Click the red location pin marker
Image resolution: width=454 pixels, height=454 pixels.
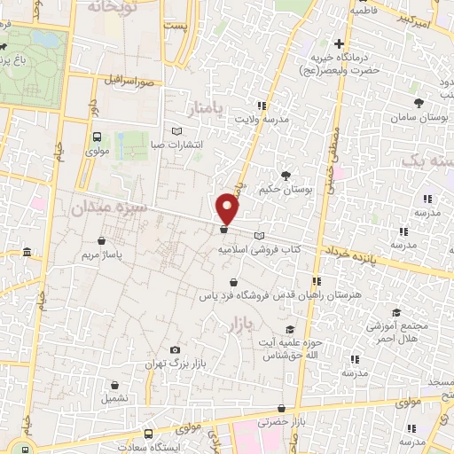tap(229, 207)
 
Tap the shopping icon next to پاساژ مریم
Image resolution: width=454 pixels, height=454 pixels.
tap(105, 239)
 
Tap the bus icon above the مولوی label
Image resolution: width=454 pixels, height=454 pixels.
tap(97, 137)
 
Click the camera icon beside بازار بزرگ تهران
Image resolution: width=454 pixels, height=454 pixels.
tap(174, 350)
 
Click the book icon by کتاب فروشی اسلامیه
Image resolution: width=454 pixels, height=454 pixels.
tap(259, 235)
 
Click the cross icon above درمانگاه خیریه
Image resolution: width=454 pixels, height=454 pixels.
tap(339, 43)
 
